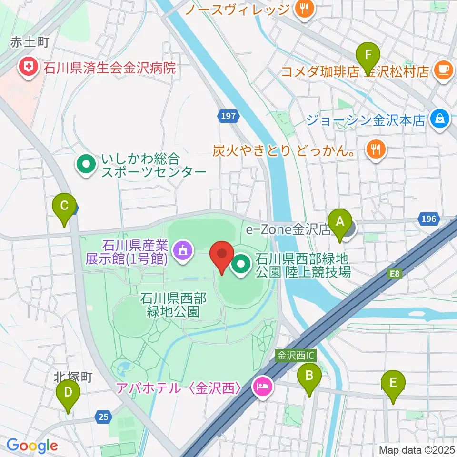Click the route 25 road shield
(x=103, y=417)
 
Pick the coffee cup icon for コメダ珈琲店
(x=444, y=70)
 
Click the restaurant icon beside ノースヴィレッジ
(x=303, y=9)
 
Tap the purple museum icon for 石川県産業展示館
(x=182, y=248)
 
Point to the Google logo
(x=32, y=446)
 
